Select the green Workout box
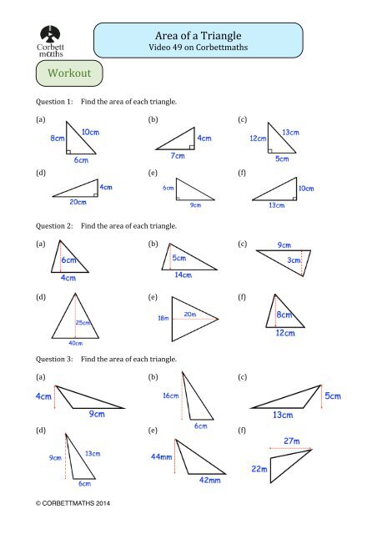point(69,74)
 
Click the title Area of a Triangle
point(199,35)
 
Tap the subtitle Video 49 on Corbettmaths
point(199,49)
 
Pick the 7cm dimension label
point(177,156)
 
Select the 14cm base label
point(183,274)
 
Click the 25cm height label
point(83,323)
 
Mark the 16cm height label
point(170,395)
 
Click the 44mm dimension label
point(160,457)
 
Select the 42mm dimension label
point(209,480)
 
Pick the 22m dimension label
point(260,469)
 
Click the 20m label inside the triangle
point(189,314)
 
